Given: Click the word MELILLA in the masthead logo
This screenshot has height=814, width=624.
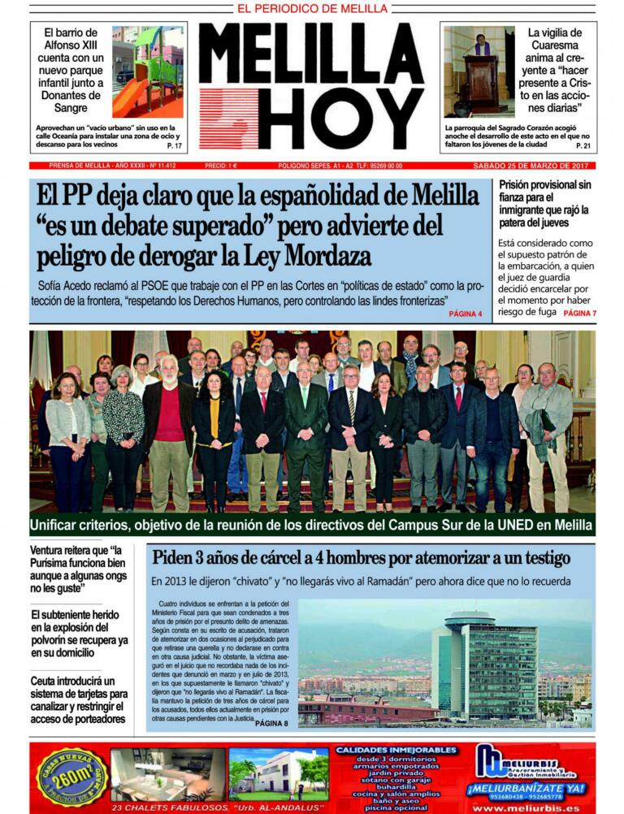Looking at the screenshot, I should [312, 53].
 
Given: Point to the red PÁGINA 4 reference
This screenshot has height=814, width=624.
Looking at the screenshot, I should [466, 314].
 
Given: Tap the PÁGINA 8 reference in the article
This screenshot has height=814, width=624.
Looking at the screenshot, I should [271, 723].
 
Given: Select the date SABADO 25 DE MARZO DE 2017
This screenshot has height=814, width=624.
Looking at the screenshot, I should [534, 166].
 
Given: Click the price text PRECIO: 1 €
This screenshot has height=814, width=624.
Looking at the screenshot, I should [221, 166].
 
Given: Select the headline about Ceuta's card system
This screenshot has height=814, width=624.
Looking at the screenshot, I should [79, 699].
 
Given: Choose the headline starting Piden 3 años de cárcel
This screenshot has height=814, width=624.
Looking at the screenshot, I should [361, 558].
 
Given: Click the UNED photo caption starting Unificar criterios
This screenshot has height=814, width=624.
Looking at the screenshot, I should [312, 524].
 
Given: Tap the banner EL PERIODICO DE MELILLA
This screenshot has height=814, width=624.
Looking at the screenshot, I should [312, 9].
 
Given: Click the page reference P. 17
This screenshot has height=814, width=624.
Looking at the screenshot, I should [175, 146].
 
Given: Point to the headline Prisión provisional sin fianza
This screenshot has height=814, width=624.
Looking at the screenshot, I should [545, 203].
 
